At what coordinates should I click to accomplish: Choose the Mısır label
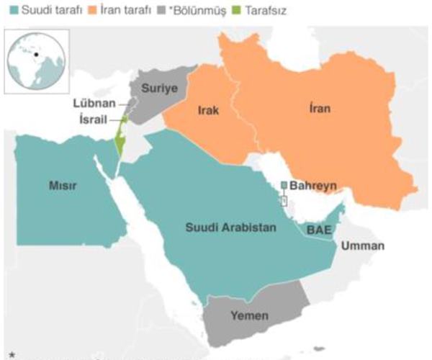(63, 186)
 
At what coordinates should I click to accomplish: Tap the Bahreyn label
(313, 186)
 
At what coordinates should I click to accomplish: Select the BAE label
(316, 230)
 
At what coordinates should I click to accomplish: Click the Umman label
(363, 246)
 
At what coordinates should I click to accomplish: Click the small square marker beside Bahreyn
(284, 186)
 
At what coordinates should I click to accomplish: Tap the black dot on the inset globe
(35, 54)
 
